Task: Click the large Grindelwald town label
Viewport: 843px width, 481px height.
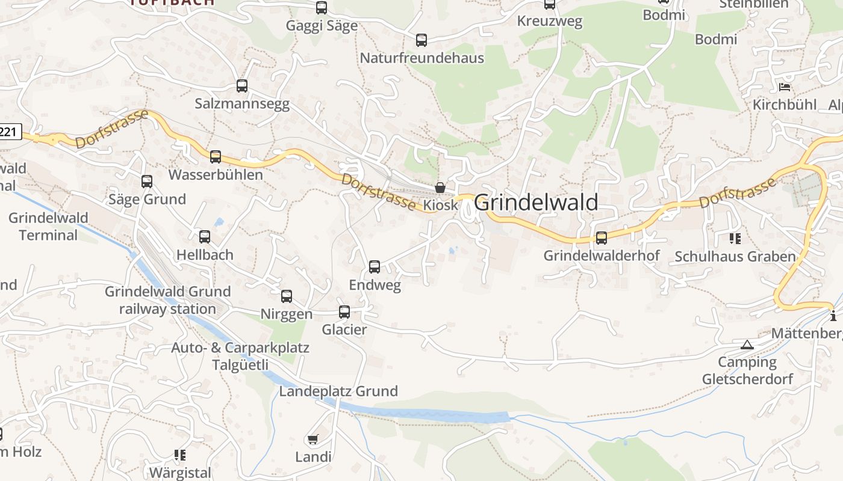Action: click(x=536, y=203)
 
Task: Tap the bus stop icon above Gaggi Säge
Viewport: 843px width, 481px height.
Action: click(x=322, y=8)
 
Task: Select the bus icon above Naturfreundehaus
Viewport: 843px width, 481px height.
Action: click(x=421, y=40)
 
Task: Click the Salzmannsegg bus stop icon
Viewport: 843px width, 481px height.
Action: click(x=242, y=86)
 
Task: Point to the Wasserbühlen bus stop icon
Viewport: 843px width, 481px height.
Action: click(x=216, y=157)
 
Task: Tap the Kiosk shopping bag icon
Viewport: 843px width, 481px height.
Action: click(x=440, y=188)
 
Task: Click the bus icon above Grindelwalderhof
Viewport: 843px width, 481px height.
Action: click(x=602, y=237)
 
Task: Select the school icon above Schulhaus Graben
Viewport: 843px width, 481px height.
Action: click(x=735, y=239)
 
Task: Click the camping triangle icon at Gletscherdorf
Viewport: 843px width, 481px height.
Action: click(x=747, y=345)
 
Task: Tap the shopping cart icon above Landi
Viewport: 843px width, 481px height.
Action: click(x=313, y=440)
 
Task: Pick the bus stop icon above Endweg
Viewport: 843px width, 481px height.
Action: click(x=375, y=267)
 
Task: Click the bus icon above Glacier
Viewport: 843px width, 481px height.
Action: click(x=344, y=312)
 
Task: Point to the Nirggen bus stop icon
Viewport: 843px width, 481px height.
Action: click(x=287, y=296)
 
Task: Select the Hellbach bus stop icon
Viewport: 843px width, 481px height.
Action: click(x=205, y=237)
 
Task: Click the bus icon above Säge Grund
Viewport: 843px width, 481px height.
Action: click(x=147, y=182)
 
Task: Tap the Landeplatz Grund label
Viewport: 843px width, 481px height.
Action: click(x=338, y=391)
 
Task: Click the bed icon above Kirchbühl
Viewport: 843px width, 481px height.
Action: click(x=784, y=87)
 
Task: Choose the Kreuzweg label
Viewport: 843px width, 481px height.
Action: click(x=550, y=22)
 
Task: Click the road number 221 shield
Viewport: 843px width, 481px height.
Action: click(x=9, y=132)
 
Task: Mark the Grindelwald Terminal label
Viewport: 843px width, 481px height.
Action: click(x=48, y=226)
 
